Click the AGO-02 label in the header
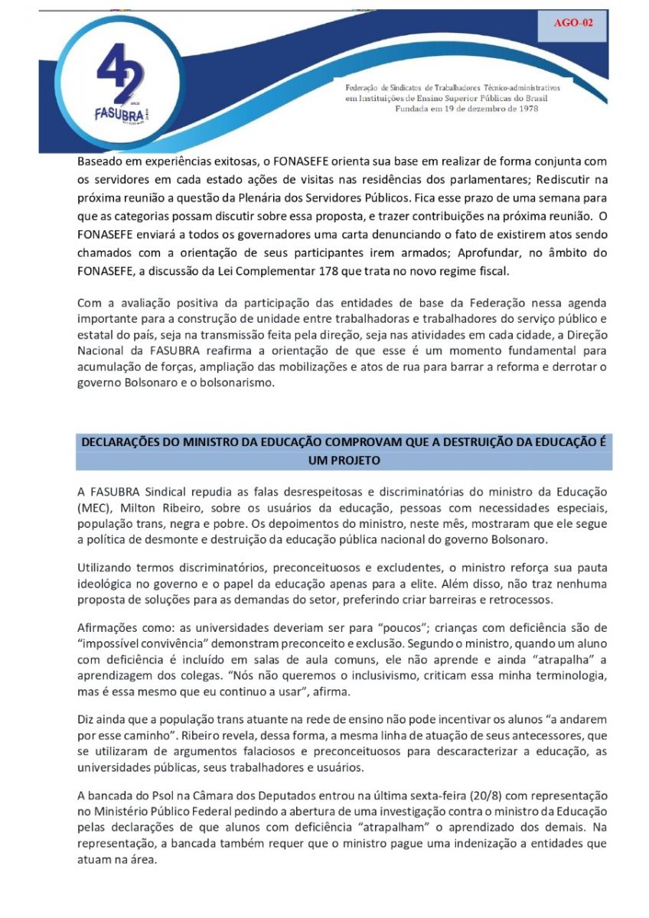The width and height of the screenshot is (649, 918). tap(573, 23)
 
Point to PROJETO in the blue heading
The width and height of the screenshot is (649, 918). tap(343, 461)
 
